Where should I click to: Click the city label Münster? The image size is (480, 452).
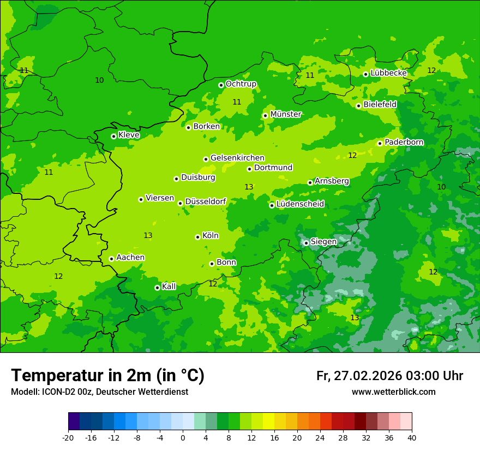pyautogui.click(x=286, y=114)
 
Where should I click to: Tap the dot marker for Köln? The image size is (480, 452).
pyautogui.click(x=197, y=237)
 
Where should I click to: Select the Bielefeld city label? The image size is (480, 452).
pyautogui.click(x=380, y=104)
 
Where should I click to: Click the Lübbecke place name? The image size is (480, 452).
pyautogui.click(x=388, y=73)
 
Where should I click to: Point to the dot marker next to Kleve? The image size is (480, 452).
pyautogui.click(x=113, y=136)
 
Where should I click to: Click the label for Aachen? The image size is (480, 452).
pyautogui.click(x=130, y=258)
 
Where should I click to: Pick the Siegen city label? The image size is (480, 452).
pyautogui.click(x=323, y=242)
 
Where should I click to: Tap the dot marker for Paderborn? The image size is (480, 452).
pyautogui.click(x=380, y=143)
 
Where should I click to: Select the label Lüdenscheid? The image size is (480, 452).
pyautogui.click(x=300, y=204)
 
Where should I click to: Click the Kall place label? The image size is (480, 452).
pyautogui.click(x=169, y=286)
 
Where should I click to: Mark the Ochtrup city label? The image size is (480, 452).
pyautogui.click(x=241, y=84)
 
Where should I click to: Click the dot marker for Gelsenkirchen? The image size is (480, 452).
pyautogui.click(x=206, y=159)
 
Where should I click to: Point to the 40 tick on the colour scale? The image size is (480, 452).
pyautogui.click(x=411, y=438)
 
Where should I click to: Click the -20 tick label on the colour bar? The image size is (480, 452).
pyautogui.click(x=68, y=438)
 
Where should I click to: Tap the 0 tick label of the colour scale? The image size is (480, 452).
pyautogui.click(x=183, y=438)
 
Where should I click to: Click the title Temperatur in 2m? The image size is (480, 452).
pyautogui.click(x=107, y=376)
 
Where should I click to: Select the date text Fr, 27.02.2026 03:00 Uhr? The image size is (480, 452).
pyautogui.click(x=389, y=376)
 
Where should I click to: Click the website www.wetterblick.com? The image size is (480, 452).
pyautogui.click(x=393, y=392)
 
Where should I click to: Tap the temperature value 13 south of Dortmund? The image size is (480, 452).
pyautogui.click(x=249, y=187)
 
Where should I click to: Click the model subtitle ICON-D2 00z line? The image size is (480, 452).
pyautogui.click(x=99, y=392)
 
